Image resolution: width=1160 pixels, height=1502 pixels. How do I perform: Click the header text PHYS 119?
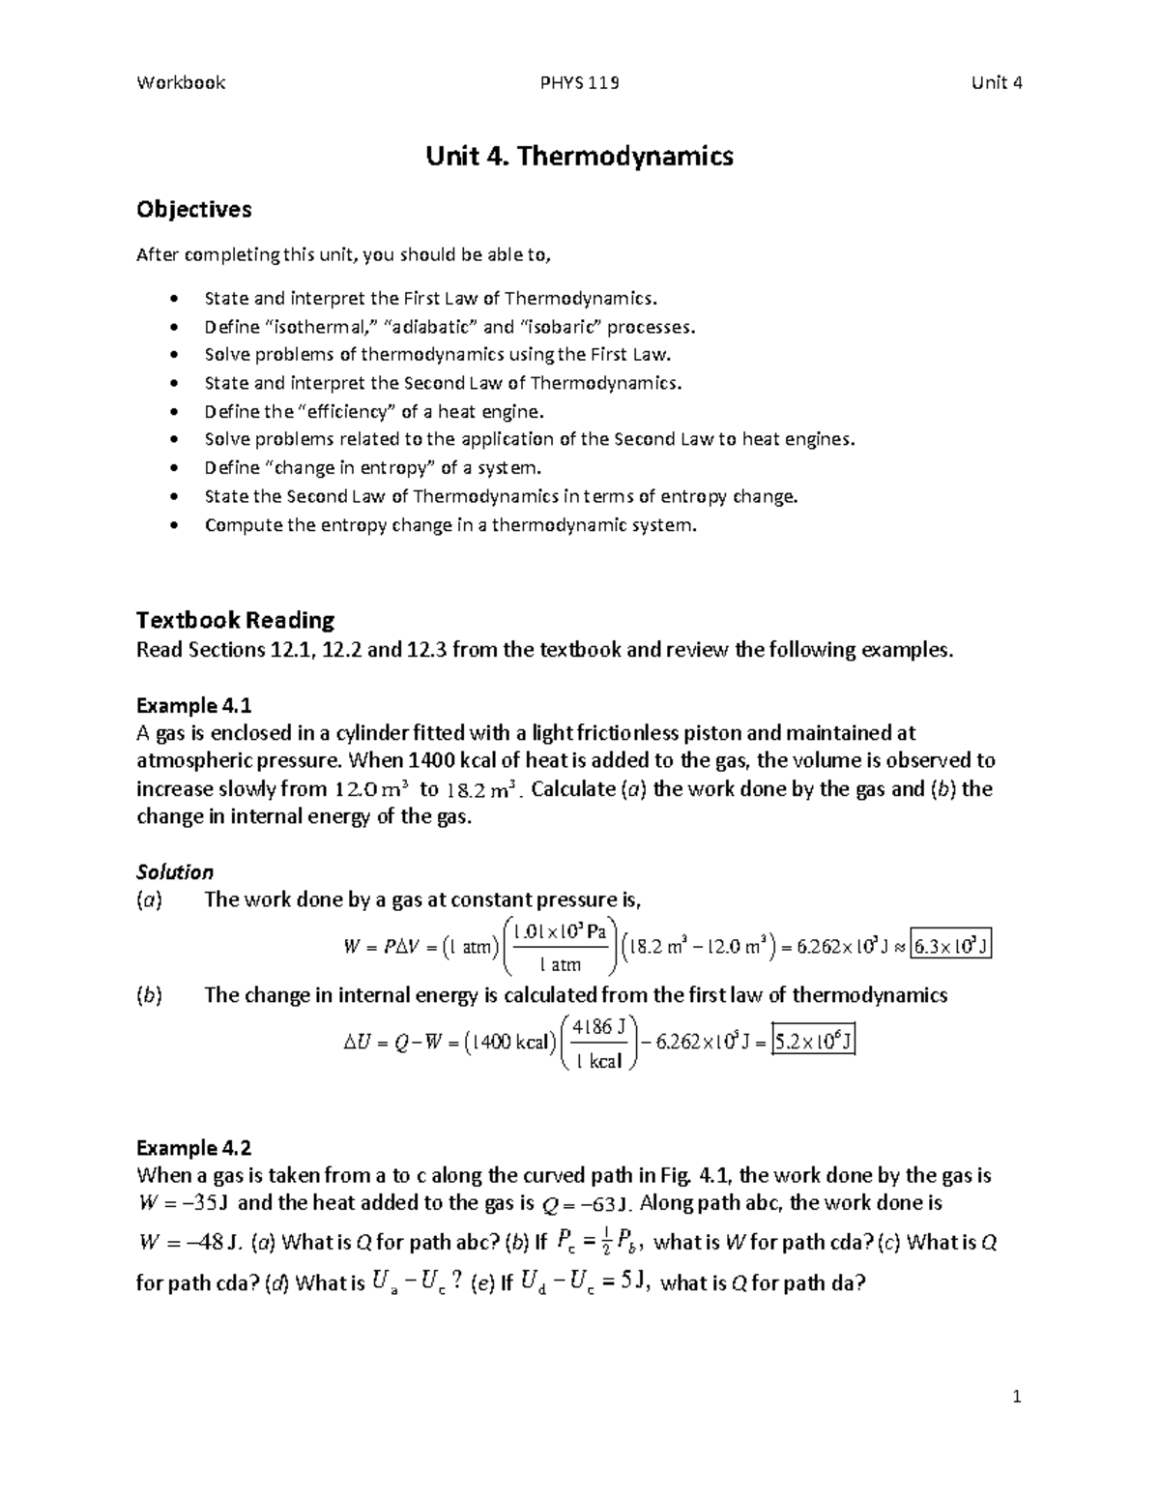(579, 83)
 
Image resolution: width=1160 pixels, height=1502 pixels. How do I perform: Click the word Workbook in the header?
(181, 83)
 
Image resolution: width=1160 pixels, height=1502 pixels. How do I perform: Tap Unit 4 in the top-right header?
(997, 83)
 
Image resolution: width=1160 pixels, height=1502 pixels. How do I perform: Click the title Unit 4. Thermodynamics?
(579, 156)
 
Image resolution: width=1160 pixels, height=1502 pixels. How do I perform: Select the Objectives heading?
(193, 210)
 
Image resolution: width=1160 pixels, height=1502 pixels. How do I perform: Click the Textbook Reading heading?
(235, 620)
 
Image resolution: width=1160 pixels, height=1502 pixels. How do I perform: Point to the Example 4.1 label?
(193, 705)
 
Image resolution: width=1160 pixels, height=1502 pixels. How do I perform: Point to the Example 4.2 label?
(193, 1148)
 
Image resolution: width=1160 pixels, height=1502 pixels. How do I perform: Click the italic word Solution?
(174, 872)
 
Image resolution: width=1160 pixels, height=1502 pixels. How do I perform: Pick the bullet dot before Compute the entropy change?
(174, 526)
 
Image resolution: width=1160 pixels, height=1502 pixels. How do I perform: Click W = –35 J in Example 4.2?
(183, 1204)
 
